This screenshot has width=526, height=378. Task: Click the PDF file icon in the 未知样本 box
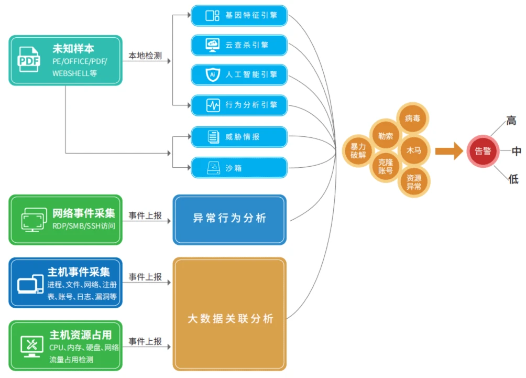click(x=29, y=60)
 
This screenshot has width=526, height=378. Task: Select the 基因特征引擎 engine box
click(x=239, y=15)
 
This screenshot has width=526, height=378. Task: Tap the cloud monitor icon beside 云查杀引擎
click(x=213, y=45)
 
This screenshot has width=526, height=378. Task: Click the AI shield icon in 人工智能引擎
click(x=213, y=75)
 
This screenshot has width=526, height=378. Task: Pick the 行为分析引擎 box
click(x=239, y=105)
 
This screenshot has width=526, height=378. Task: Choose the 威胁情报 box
click(x=239, y=137)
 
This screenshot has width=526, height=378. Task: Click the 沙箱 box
click(x=239, y=168)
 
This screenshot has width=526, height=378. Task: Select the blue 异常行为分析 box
click(x=229, y=219)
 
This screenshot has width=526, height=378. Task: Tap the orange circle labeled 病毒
click(x=413, y=118)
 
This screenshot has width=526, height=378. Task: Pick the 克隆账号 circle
click(x=386, y=166)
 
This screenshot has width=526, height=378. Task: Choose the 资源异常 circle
click(x=413, y=181)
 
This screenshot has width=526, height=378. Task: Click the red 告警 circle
click(x=483, y=151)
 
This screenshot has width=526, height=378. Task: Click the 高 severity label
click(x=511, y=121)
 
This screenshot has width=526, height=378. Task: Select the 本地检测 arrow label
click(x=145, y=56)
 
